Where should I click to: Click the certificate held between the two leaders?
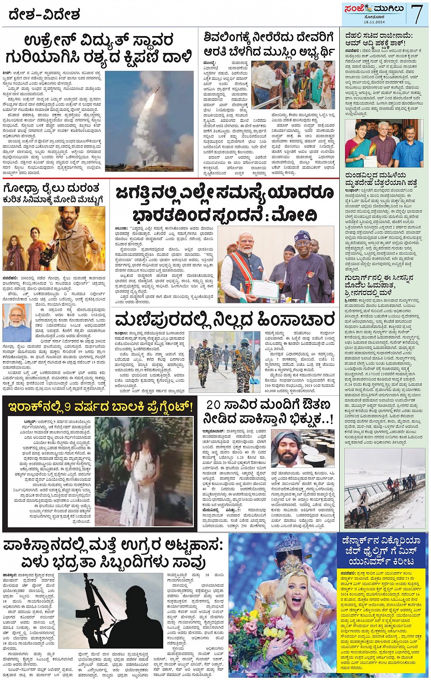tap(265, 289)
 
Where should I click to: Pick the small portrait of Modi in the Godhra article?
tap(16, 322)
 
